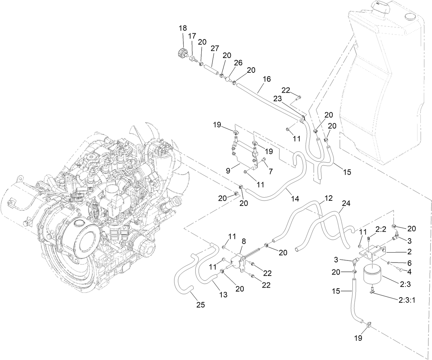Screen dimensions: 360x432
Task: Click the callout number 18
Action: (182, 28)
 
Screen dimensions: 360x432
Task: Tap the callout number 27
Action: (215, 48)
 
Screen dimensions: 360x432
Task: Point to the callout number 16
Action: (267, 79)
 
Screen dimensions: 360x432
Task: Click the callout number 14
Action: (295, 198)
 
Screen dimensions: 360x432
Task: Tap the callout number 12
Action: (329, 198)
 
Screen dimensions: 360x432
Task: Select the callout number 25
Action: (201, 304)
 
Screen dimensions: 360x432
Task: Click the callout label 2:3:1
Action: (407, 300)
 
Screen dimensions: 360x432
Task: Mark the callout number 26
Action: (238, 62)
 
